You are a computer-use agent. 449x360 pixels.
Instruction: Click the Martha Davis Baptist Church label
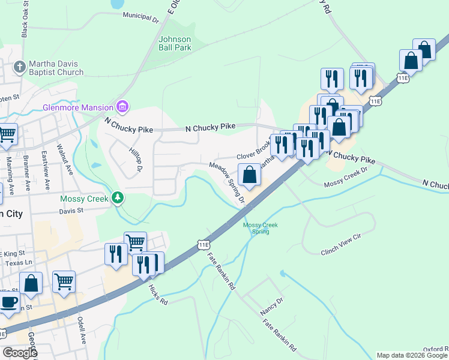(58, 68)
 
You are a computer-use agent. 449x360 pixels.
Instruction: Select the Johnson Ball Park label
(175, 43)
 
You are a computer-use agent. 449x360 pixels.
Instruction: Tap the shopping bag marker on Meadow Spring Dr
(250, 175)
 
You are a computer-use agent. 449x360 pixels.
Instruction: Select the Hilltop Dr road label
(134, 159)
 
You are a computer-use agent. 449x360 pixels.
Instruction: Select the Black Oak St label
(25, 23)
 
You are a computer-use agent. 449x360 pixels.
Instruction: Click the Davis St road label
(71, 211)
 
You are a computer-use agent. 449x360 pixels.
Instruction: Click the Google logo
(20, 352)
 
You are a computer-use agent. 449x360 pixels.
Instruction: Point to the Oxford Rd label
(435, 349)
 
